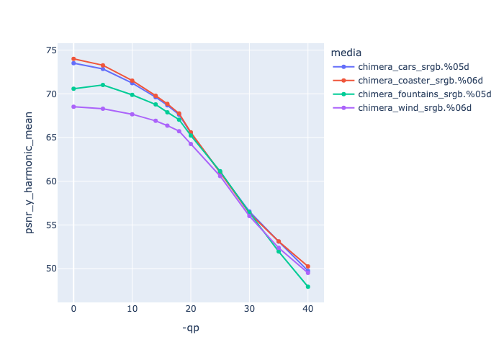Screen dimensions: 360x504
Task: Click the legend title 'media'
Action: (x=346, y=53)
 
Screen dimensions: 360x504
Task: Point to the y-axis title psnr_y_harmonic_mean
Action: (x=30, y=172)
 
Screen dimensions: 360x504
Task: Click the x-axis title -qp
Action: (x=191, y=328)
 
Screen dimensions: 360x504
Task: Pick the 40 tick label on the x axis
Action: (x=308, y=308)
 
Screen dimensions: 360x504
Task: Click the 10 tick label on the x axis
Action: (x=132, y=308)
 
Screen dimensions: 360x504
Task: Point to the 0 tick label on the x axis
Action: (x=73, y=308)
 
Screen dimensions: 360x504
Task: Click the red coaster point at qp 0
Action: (x=73, y=59)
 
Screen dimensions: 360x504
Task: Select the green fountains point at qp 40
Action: (x=308, y=287)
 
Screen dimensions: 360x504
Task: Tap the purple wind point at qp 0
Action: (x=73, y=107)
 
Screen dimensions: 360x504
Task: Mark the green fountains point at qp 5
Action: (x=103, y=85)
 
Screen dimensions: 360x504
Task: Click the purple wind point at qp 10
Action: (x=132, y=114)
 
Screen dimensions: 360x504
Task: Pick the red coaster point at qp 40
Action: (x=308, y=266)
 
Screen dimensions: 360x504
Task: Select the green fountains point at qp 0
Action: (x=73, y=89)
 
